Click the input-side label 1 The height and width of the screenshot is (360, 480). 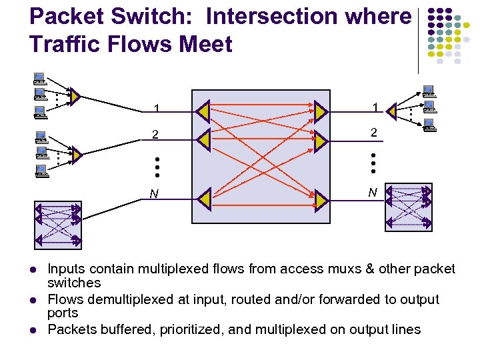156,109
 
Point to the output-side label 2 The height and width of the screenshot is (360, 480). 374,133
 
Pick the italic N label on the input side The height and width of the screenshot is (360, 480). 154,195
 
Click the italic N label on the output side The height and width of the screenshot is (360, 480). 373,193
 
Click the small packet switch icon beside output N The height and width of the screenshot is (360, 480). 408,207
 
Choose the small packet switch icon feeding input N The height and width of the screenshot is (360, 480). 57,224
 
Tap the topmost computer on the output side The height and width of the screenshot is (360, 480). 428,90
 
